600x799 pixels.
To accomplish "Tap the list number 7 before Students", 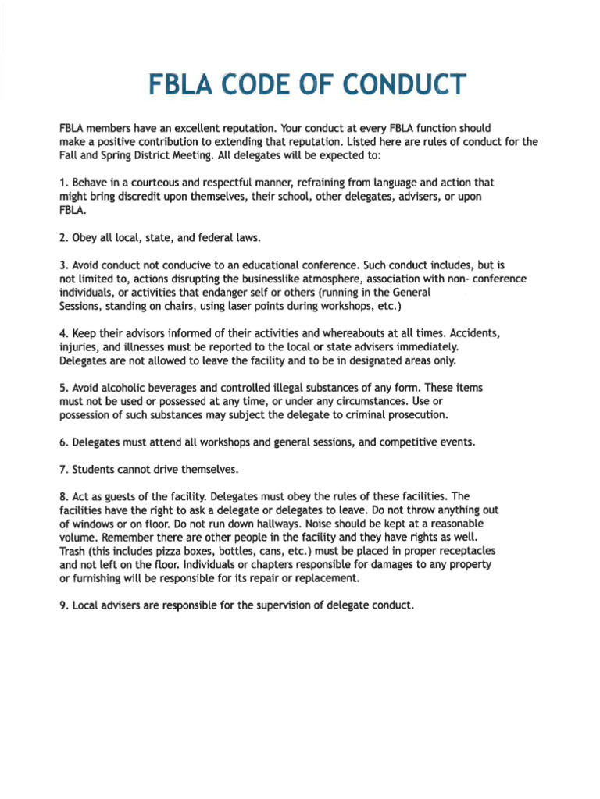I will (x=63, y=470).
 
